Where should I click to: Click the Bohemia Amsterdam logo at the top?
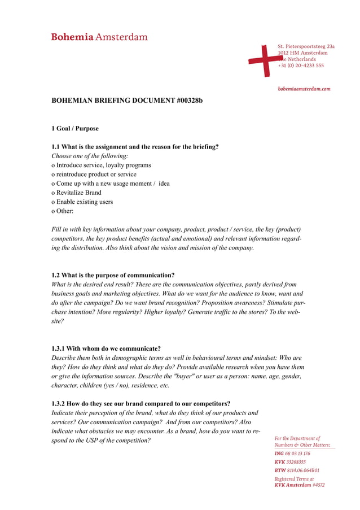[99, 37]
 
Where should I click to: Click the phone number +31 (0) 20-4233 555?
[301, 66]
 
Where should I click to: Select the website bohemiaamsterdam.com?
[304, 89]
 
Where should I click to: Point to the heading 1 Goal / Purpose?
[75, 128]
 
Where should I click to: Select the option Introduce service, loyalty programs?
[101, 165]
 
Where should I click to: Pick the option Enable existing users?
[82, 202]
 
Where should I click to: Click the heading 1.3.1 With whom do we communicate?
[106, 348]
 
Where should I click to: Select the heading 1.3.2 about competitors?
[141, 403]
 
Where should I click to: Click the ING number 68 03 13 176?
[298, 454]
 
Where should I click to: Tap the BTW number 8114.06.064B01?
[302, 470]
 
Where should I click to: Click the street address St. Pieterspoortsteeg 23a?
[306, 46]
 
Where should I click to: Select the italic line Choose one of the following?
[90, 156]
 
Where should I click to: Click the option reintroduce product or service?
[94, 174]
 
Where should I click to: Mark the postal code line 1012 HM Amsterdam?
[302, 53]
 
